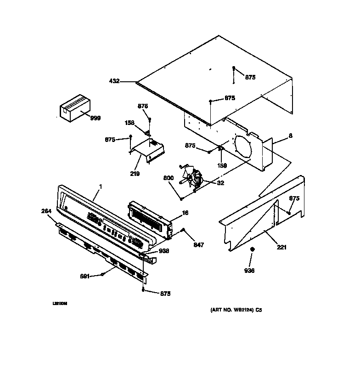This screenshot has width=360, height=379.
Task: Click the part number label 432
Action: coord(114,81)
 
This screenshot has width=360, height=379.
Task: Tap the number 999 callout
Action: coord(95,118)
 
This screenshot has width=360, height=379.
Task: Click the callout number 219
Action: coord(135,174)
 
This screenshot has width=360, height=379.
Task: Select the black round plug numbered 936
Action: coord(252,249)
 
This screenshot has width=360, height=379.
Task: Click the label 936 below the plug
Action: coord(250,271)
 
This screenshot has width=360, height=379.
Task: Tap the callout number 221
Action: coord(281,248)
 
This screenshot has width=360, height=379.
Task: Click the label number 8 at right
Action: coord(290,136)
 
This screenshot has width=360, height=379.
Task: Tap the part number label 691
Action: coord(84,276)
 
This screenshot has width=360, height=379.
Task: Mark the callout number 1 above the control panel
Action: coord(101,187)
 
